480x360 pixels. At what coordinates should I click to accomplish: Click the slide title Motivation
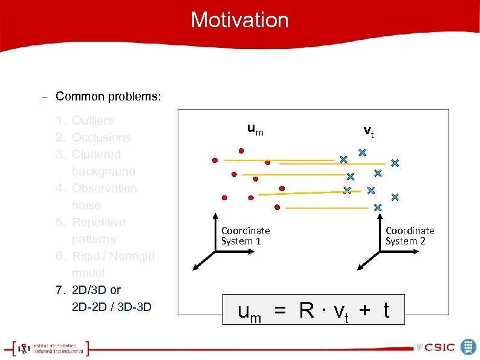(240, 20)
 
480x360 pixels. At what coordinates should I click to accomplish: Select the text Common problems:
(108, 97)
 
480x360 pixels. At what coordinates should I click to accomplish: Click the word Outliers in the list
(92, 121)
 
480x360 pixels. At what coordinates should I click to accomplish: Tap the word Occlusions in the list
(101, 138)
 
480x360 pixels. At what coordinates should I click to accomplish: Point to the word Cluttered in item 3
(96, 155)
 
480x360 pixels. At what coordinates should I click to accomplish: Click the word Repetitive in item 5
(99, 223)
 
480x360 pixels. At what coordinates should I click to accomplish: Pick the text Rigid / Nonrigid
(113, 257)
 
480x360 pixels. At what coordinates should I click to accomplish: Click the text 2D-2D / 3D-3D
(111, 307)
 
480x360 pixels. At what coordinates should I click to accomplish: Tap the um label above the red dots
(255, 129)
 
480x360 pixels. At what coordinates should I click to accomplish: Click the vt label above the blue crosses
(368, 131)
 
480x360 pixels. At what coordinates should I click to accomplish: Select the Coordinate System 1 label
(245, 236)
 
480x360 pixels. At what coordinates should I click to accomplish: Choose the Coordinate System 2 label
(410, 236)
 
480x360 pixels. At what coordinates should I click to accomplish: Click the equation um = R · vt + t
(314, 311)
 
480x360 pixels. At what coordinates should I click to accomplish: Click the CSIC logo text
(438, 347)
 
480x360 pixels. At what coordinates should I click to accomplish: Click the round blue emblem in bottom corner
(469, 347)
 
